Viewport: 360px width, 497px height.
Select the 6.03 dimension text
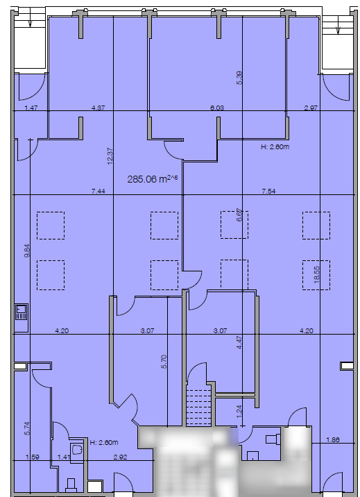[x=218, y=108]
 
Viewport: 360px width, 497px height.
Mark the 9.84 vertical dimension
[x=27, y=251]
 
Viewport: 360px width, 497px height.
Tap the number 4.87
[x=98, y=108]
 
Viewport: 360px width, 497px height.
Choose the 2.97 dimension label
[x=310, y=108]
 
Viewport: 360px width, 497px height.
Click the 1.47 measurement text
[x=30, y=108]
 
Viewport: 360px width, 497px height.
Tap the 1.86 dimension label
[x=333, y=440]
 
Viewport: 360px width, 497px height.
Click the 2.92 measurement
[x=119, y=457]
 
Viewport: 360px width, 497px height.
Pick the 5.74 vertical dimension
[x=27, y=428]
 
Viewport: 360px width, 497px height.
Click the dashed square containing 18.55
[x=316, y=275]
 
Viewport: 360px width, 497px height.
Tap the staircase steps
[x=198, y=405]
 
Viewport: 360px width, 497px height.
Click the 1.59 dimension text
[x=32, y=457]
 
